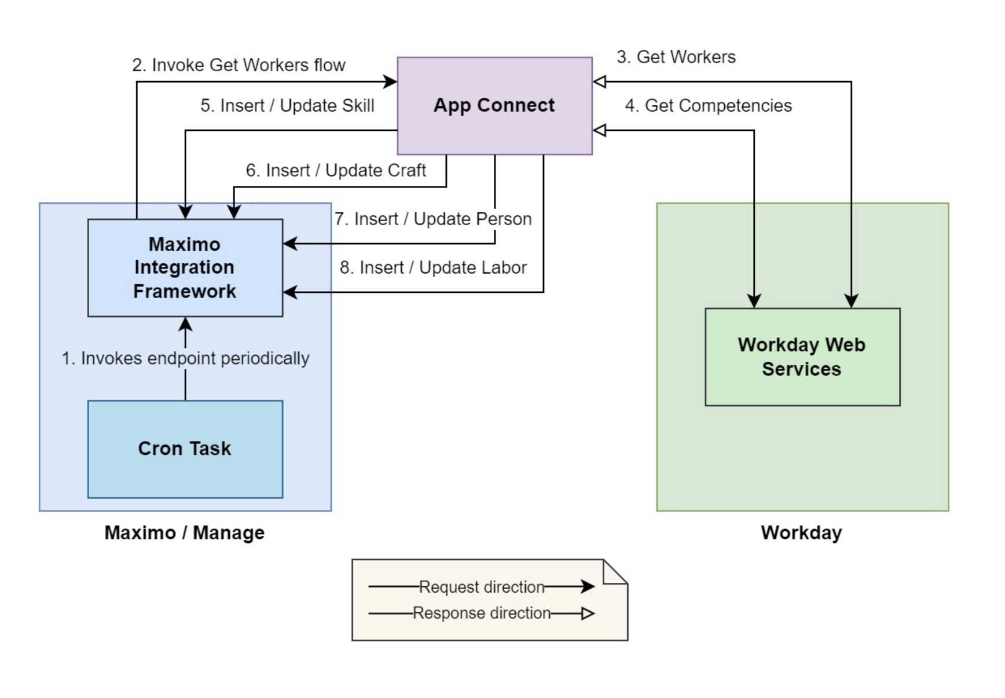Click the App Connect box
494,105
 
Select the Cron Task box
185,449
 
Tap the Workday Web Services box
802,357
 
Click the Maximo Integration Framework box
185,267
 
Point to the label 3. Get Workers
676,57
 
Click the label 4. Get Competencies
708,105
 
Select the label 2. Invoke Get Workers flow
239,65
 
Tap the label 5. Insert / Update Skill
287,105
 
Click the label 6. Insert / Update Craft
336,170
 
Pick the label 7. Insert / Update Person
433,219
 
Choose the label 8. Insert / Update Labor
433,267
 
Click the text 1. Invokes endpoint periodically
185,358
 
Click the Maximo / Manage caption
184,532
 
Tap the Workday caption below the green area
801,532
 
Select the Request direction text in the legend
481,587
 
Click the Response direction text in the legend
481,613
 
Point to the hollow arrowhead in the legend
588,613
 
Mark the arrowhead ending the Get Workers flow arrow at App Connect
391,82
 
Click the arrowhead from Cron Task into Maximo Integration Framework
185,324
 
